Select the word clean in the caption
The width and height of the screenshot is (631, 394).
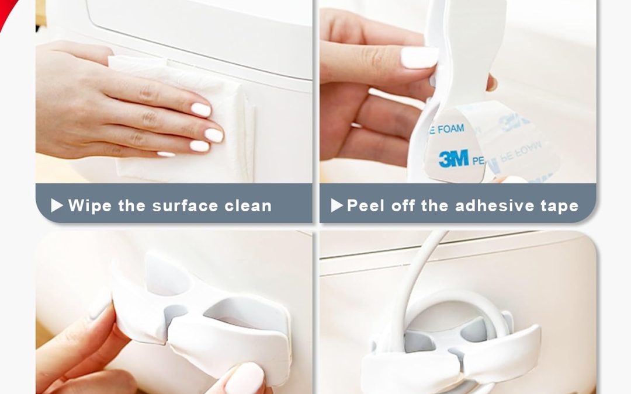[x=248, y=205]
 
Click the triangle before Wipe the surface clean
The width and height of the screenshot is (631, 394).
[x=57, y=205]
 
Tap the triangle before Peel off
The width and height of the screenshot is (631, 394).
[x=337, y=205]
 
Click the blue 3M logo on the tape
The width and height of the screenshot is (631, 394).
[x=453, y=158]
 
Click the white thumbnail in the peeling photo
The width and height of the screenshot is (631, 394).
[x=419, y=57]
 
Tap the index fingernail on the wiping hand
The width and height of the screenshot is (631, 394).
[x=200, y=109]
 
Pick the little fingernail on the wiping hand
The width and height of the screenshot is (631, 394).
[x=166, y=154]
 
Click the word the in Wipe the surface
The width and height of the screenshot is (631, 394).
[x=130, y=205]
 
